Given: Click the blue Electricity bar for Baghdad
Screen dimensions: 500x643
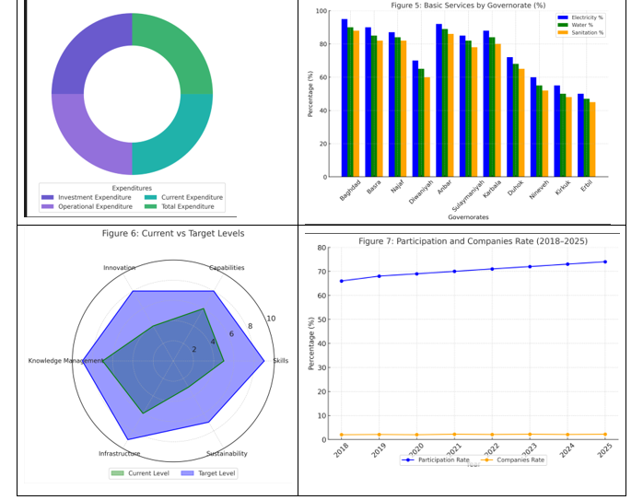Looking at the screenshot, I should click(345, 98).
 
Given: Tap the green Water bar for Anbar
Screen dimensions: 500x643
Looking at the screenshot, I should click(445, 102).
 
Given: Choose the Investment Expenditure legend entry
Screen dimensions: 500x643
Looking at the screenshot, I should click(88, 197).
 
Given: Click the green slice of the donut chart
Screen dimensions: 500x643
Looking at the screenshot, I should click(172, 55).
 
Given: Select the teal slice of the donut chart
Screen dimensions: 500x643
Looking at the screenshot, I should click(172, 134).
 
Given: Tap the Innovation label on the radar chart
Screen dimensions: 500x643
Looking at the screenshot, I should click(120, 268).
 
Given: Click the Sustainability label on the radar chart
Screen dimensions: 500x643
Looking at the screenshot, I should click(226, 454).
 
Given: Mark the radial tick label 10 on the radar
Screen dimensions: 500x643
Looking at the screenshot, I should click(271, 319).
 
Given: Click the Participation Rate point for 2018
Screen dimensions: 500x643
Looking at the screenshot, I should click(341, 281).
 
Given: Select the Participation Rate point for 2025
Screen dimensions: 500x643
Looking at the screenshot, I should click(605, 262).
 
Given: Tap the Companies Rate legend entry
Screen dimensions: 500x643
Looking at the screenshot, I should click(521, 459).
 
